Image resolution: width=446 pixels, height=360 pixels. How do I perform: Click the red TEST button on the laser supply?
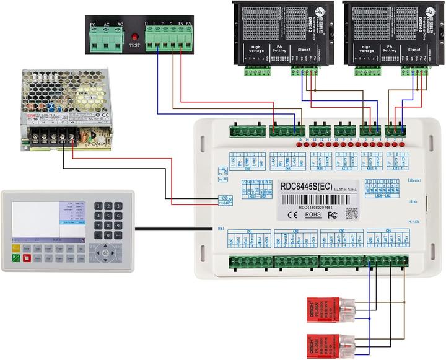click(134, 36)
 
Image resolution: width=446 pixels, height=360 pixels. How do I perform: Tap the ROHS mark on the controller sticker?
click(313, 214)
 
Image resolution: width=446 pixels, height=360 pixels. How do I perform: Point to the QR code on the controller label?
click(351, 213)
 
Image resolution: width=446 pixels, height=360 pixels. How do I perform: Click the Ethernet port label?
click(414, 180)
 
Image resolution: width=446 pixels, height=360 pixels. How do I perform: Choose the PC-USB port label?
click(414, 221)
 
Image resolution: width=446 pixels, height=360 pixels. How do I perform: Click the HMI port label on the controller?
click(221, 229)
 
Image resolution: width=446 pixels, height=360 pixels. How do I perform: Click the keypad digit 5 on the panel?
click(108, 216)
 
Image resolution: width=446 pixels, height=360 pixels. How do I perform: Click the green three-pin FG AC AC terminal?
click(106, 40)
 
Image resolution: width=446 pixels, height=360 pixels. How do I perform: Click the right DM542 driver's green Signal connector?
click(414, 71)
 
